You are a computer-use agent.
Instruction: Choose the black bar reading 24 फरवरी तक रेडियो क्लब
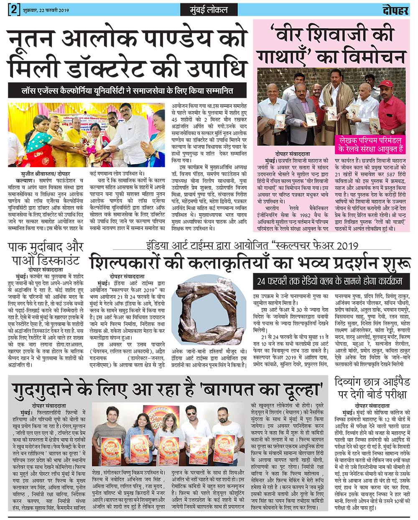coord(332,280)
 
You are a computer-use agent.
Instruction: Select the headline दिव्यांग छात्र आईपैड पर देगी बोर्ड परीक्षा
coord(374,389)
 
